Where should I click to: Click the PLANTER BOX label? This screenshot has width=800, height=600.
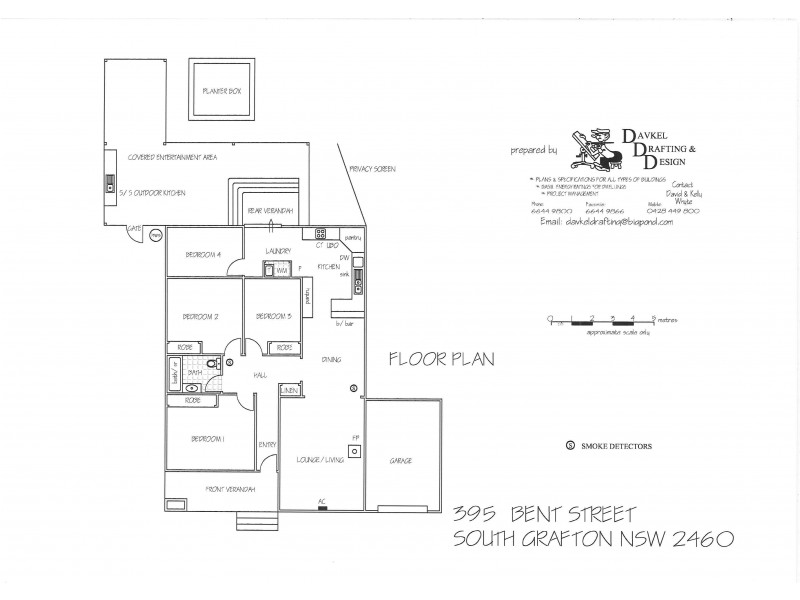click(222, 91)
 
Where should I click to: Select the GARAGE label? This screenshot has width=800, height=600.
click(400, 461)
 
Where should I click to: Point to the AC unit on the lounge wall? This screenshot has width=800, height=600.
click(322, 507)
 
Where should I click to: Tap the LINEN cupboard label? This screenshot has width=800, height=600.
click(290, 390)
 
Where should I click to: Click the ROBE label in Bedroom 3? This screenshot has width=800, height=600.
click(283, 347)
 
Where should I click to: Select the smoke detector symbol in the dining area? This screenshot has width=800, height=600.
click(352, 388)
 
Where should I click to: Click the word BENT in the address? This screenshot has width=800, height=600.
click(539, 516)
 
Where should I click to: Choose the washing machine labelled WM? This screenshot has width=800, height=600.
click(271, 269)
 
